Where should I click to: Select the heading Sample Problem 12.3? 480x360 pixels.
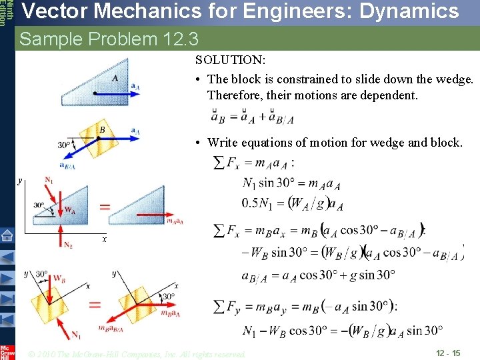[109, 39]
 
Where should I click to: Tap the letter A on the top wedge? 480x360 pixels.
[115, 78]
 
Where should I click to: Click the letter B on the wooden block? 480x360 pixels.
[102, 129]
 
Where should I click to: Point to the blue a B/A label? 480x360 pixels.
[67, 167]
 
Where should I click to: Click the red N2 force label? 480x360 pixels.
[68, 245]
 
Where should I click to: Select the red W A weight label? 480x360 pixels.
[69, 209]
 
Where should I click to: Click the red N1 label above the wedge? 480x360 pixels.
[49, 181]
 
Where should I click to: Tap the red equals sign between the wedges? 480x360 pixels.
[105, 207]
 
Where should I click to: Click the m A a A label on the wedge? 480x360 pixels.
[175, 221]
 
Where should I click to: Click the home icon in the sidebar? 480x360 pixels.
[7, 235]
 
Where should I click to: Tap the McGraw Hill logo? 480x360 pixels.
[7, 352]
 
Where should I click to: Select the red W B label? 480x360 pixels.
[59, 277]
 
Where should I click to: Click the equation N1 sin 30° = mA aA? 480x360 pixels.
[292, 183]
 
